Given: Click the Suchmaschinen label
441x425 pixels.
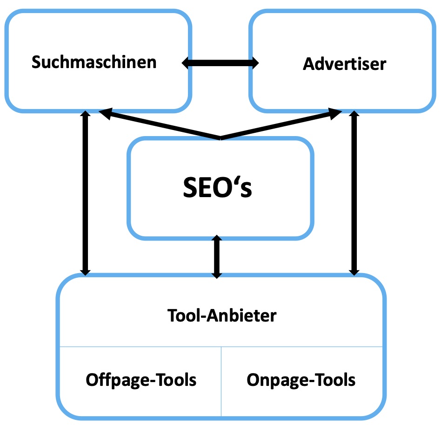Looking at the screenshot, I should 94,62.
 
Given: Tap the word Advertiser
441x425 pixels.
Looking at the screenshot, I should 344,64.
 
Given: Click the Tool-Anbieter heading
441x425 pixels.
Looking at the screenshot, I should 221,316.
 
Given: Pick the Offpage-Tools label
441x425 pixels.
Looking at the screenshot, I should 141,380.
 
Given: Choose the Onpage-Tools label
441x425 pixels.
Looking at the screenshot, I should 301,380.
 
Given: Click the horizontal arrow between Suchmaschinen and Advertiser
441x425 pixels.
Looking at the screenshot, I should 220,63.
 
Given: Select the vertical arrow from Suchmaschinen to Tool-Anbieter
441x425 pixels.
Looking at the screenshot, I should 85,192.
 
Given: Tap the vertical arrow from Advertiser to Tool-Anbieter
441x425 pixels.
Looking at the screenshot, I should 354,192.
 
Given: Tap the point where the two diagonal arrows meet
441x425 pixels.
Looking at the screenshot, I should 220,138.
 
